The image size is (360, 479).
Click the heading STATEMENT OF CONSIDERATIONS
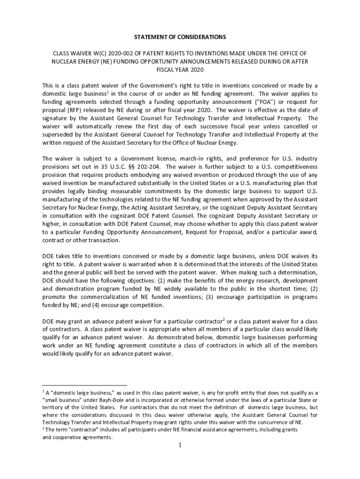[180, 36]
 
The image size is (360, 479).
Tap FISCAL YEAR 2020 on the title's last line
[180, 69]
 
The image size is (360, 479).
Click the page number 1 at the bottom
[180, 445]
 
